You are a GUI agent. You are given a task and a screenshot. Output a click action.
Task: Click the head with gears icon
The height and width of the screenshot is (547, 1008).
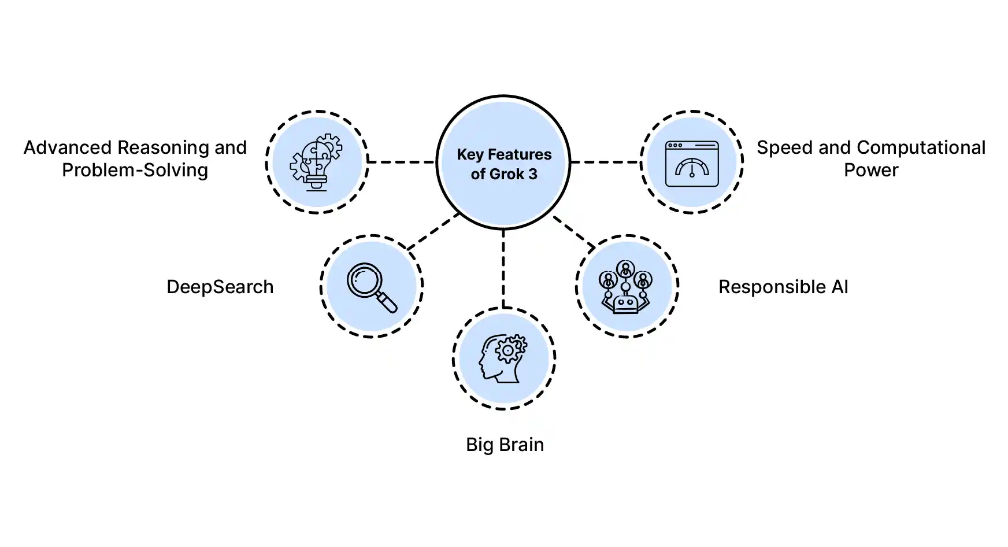pyautogui.click(x=503, y=358)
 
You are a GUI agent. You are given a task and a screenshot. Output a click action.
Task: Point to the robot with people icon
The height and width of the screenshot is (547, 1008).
pyautogui.click(x=626, y=287)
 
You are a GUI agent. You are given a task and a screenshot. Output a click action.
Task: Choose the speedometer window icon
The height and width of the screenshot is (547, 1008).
pyautogui.click(x=692, y=163)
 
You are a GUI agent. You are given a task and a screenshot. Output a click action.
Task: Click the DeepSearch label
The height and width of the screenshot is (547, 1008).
pyautogui.click(x=220, y=287)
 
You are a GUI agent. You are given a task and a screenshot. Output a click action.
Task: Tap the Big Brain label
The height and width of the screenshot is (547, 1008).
pyautogui.click(x=505, y=445)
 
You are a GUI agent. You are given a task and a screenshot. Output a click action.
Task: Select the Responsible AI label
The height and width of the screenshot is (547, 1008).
pyautogui.click(x=783, y=287)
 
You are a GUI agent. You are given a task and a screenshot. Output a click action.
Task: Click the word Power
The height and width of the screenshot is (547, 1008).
pyautogui.click(x=871, y=171)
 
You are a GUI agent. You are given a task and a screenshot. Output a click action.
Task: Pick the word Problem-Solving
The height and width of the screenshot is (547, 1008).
pyautogui.click(x=135, y=171)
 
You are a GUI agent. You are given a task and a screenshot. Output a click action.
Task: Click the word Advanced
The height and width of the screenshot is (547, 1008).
pyautogui.click(x=68, y=148)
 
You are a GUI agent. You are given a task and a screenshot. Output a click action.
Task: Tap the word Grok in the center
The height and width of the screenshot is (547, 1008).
pyautogui.click(x=506, y=174)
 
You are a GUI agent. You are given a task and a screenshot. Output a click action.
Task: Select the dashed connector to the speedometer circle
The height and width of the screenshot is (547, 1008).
pyautogui.click(x=605, y=162)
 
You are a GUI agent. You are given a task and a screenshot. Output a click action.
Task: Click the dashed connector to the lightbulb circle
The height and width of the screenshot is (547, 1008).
pyautogui.click(x=402, y=162)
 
